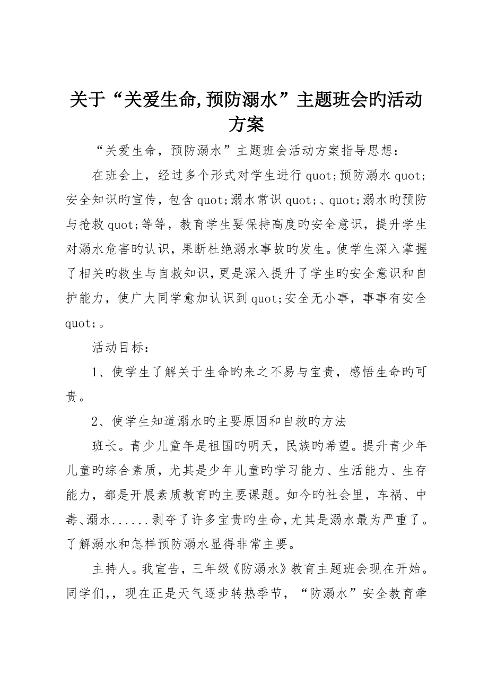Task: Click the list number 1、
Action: [x=101, y=372]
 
